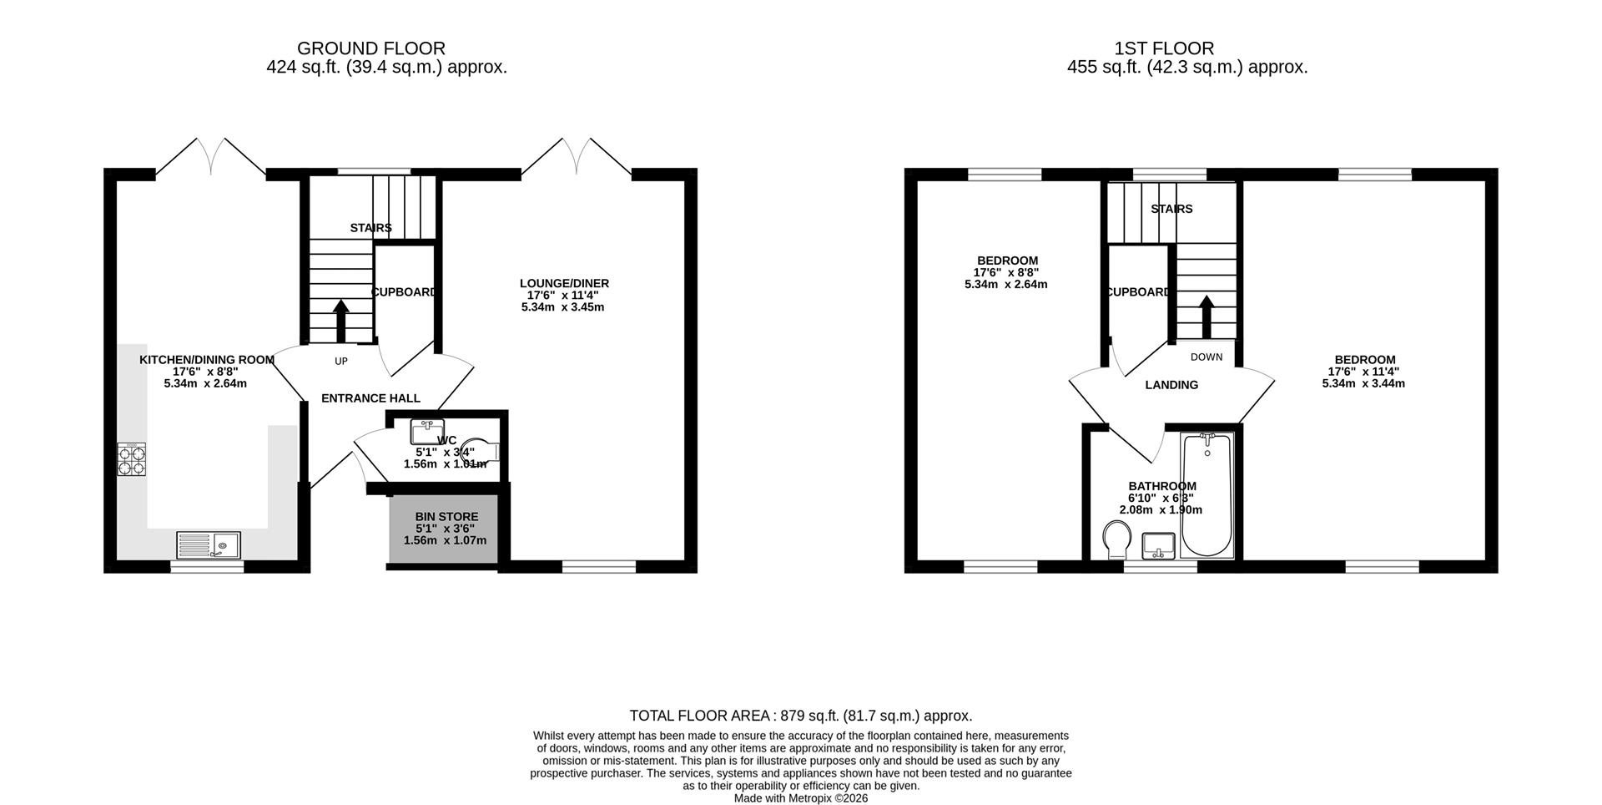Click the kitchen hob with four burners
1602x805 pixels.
(131, 460)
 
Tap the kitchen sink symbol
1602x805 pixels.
(209, 545)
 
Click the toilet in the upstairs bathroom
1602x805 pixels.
(1116, 539)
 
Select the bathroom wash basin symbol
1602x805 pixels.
(1158, 545)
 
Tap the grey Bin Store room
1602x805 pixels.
(445, 529)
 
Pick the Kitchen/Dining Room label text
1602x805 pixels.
(206, 360)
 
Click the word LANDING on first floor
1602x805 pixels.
(1171, 385)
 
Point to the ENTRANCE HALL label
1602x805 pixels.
(370, 398)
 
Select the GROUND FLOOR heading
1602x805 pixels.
(371, 48)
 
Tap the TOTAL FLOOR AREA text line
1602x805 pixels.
(800, 716)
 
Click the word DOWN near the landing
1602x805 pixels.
(1206, 357)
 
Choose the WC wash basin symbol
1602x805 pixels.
(427, 432)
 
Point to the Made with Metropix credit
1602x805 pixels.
(800, 798)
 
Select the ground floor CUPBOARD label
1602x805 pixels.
(404, 292)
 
